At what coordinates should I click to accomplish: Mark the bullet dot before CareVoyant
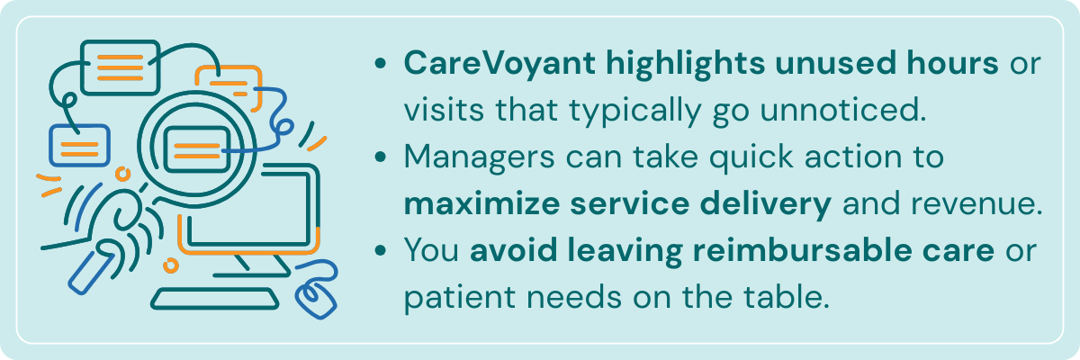384,65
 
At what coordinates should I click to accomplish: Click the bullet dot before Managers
384,158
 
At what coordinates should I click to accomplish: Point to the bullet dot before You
384,252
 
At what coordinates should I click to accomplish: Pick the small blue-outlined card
79,145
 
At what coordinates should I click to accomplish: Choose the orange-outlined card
227,85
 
